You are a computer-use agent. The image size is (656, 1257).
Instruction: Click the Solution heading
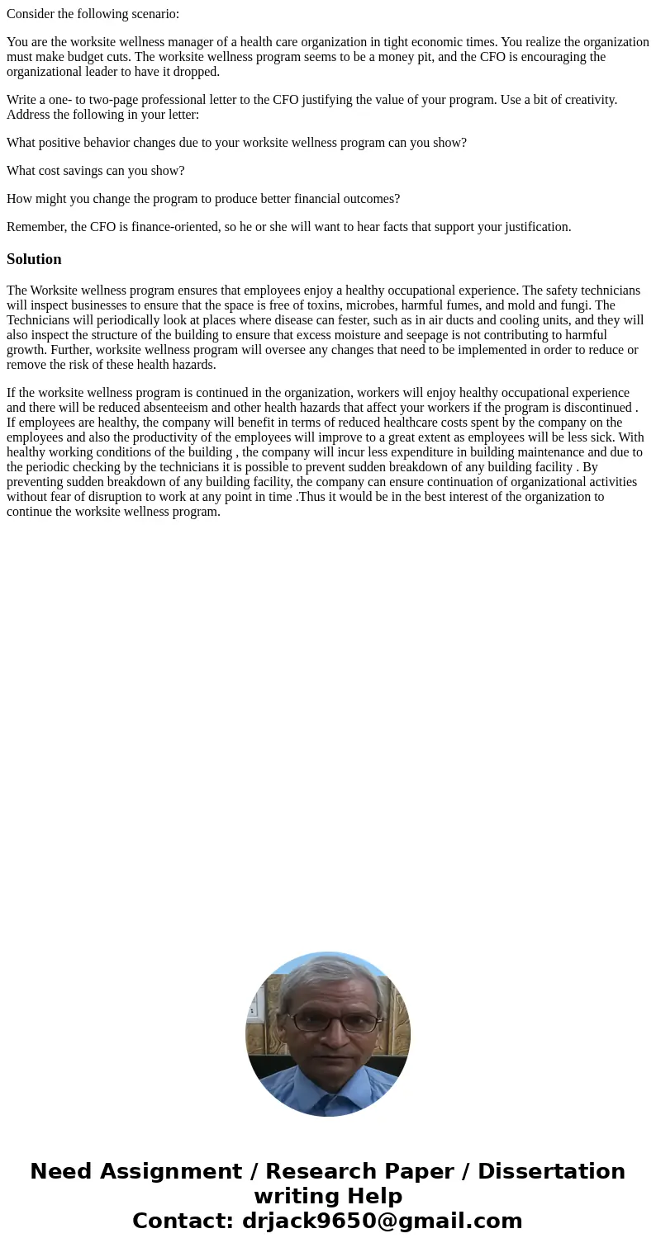tap(34, 259)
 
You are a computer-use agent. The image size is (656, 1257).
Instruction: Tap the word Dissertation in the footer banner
tap(551, 1172)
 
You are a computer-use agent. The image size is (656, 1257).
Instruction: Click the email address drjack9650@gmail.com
tap(382, 1222)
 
